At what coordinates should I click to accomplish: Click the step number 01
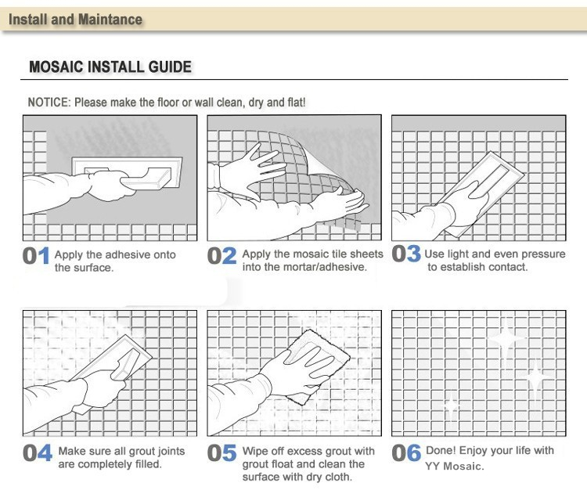pyautogui.click(x=36, y=256)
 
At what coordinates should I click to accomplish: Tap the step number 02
pyautogui.click(x=221, y=256)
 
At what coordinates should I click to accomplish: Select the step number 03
pyautogui.click(x=406, y=254)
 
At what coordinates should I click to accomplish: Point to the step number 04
pyautogui.click(x=38, y=453)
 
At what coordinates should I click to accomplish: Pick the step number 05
pyautogui.click(x=221, y=453)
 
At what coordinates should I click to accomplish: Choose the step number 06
pyautogui.click(x=406, y=453)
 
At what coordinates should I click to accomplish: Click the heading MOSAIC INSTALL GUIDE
pyautogui.click(x=110, y=67)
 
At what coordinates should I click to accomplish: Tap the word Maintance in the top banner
pyautogui.click(x=110, y=20)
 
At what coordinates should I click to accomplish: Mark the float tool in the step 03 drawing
pyautogui.click(x=483, y=191)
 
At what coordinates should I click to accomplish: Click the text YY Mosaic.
pyautogui.click(x=455, y=467)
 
